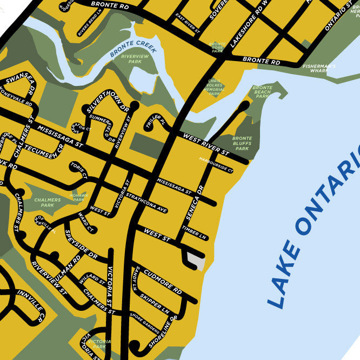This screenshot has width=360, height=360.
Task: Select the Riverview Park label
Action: coord(131,59)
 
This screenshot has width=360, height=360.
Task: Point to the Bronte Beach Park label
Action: coord(262,92)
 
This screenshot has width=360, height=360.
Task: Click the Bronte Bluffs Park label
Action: coord(242,143)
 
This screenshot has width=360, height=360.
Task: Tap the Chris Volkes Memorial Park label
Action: coord(215,88)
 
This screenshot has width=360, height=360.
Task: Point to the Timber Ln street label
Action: coord(195,233)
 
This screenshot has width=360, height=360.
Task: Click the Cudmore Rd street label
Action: coord(163,282)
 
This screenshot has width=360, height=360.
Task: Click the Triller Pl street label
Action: coord(156,124)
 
